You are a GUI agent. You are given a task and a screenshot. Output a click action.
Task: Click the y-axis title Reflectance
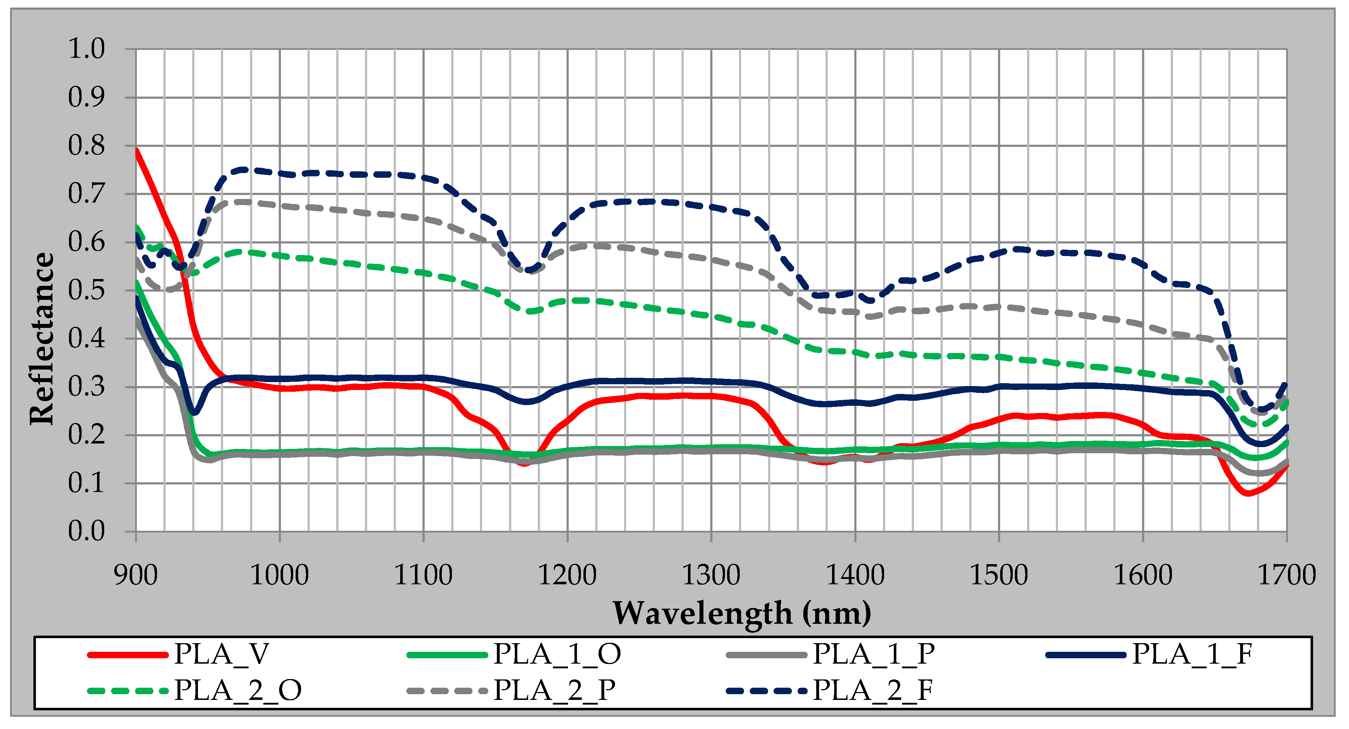coord(42,339)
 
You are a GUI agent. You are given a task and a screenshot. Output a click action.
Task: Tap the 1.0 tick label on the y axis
coord(87,49)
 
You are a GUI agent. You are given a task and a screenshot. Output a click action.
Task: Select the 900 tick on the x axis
coord(136,575)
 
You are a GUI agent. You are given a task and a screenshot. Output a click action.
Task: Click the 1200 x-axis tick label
coord(567,575)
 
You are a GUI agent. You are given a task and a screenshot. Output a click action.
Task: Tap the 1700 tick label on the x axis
coord(1286,575)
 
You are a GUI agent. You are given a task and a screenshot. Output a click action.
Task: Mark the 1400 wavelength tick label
coord(855,575)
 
